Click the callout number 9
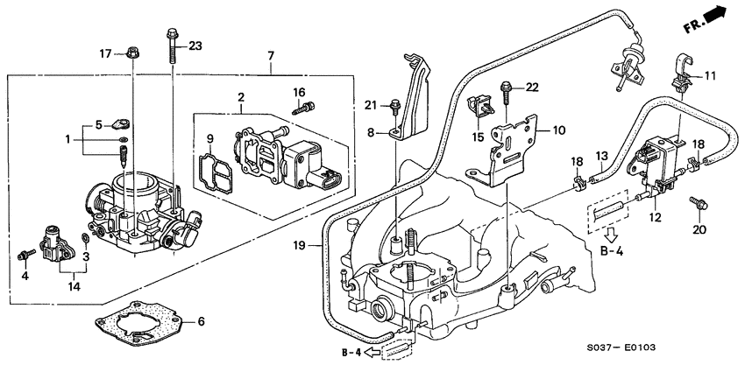(209, 138)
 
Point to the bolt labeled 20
(698, 203)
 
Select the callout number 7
(271, 56)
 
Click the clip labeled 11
(681, 70)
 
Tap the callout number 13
(602, 156)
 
